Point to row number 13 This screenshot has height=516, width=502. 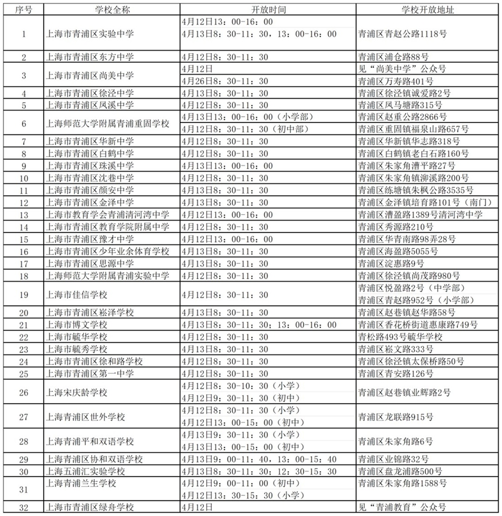[24, 215]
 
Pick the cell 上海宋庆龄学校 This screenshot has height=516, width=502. [77, 392]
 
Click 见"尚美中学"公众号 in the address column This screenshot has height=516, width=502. [402, 69]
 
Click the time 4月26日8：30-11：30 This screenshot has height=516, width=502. [225, 81]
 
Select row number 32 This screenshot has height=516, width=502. [24, 508]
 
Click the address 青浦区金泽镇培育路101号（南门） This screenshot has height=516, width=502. [425, 202]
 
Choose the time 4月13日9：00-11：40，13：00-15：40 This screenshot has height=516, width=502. [259, 459]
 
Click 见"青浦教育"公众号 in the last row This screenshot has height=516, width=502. [402, 508]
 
